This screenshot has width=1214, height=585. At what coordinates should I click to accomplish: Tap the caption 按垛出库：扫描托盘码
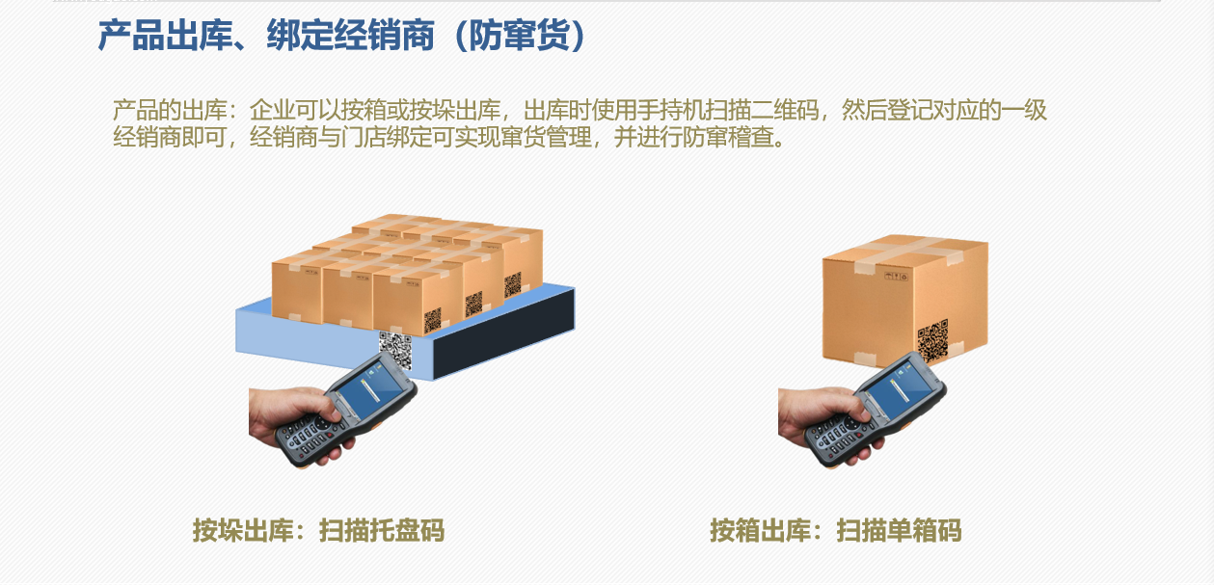(318, 531)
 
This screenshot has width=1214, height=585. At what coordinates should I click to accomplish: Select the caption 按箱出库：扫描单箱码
(835, 531)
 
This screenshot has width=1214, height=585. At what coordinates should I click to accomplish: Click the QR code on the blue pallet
(395, 349)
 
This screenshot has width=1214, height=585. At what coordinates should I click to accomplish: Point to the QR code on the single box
(933, 341)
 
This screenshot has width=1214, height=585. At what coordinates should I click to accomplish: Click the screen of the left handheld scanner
(370, 390)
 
